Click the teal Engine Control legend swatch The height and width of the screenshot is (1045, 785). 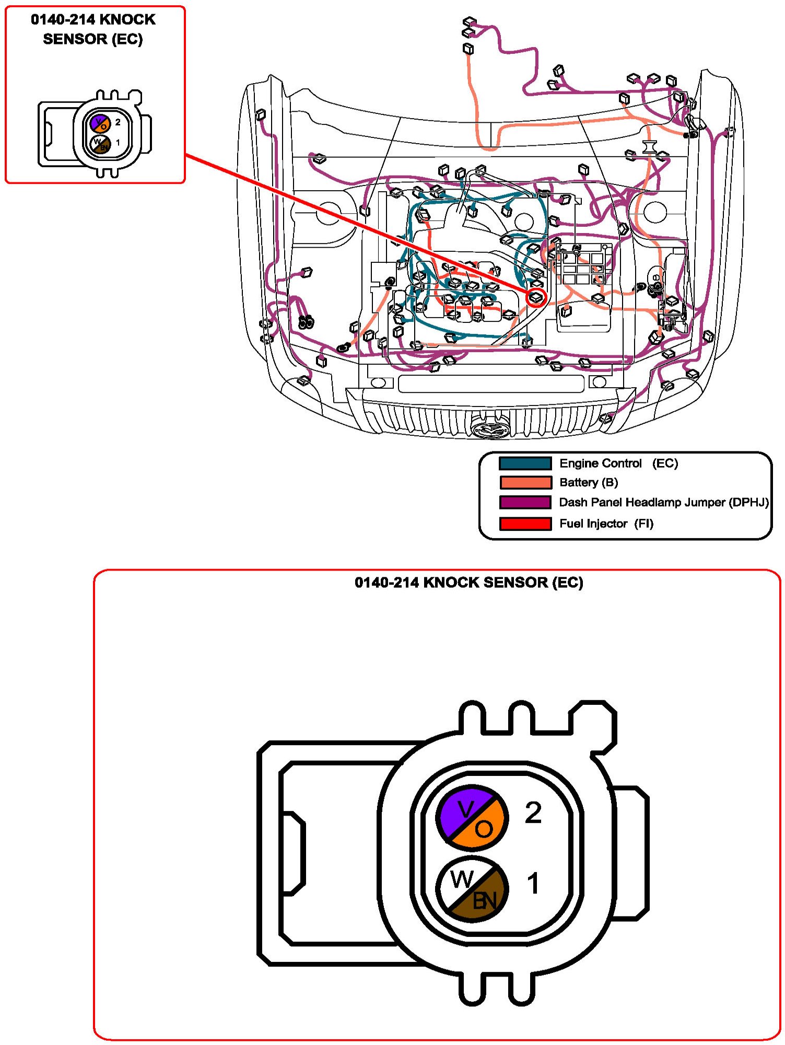click(x=525, y=463)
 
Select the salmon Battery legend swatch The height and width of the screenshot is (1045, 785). click(x=525, y=482)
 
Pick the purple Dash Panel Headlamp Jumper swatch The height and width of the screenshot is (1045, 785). click(x=525, y=502)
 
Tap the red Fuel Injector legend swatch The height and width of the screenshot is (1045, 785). click(x=525, y=524)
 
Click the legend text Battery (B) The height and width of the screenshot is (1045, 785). click(x=589, y=482)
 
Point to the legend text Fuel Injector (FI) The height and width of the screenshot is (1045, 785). click(x=606, y=524)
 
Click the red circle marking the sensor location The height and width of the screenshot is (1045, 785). click(x=536, y=298)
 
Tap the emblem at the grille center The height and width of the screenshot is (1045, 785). click(x=489, y=428)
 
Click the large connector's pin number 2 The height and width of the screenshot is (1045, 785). click(x=533, y=813)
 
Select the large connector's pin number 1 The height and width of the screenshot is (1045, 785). click(x=533, y=884)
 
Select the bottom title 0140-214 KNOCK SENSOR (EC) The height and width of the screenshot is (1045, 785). click(x=468, y=583)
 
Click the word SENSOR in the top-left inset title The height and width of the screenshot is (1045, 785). click(x=75, y=39)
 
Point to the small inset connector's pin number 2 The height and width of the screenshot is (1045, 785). click(x=118, y=122)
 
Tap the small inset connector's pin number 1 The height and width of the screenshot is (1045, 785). click(x=118, y=142)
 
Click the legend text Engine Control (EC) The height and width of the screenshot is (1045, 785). click(x=618, y=463)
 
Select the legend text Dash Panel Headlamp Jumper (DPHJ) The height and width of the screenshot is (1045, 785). click(x=664, y=502)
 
